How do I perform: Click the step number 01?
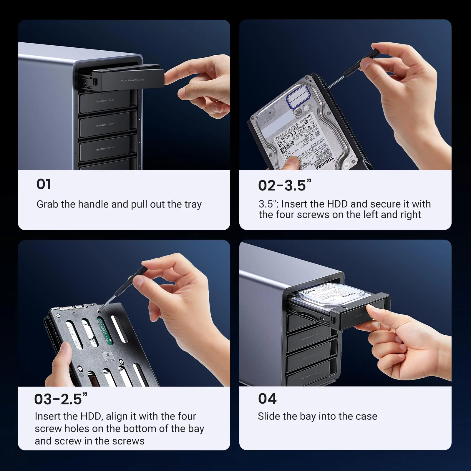point(44,185)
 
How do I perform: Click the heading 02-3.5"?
point(284,185)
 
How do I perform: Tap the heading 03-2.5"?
point(61,399)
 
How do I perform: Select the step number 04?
point(267,399)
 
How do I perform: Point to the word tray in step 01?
point(193,204)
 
